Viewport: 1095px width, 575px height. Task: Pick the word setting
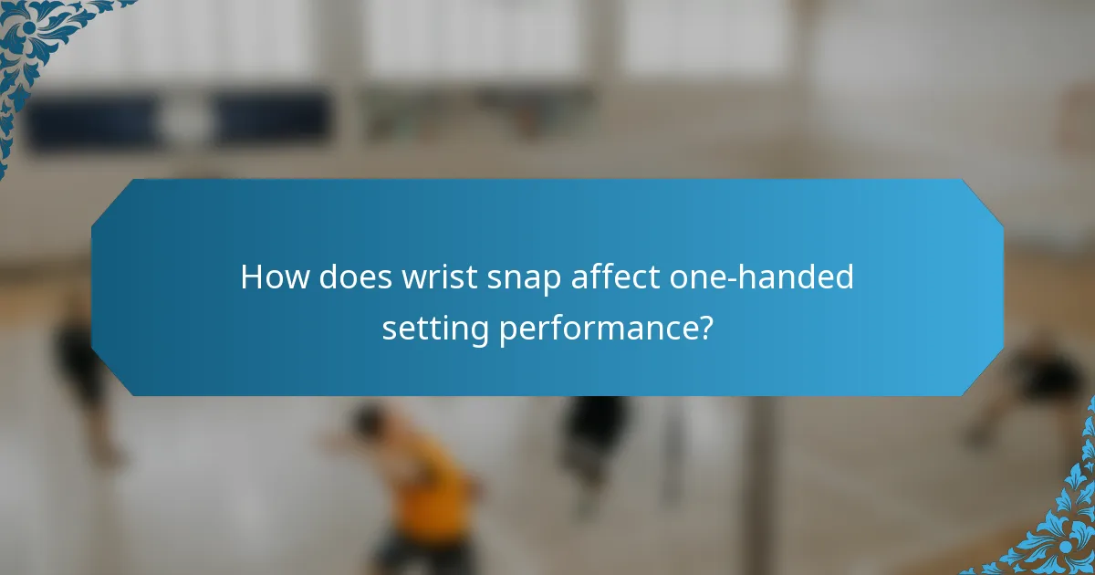tap(435, 329)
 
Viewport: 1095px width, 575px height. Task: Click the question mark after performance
tap(703, 328)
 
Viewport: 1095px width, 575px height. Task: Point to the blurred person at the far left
tap(82, 365)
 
